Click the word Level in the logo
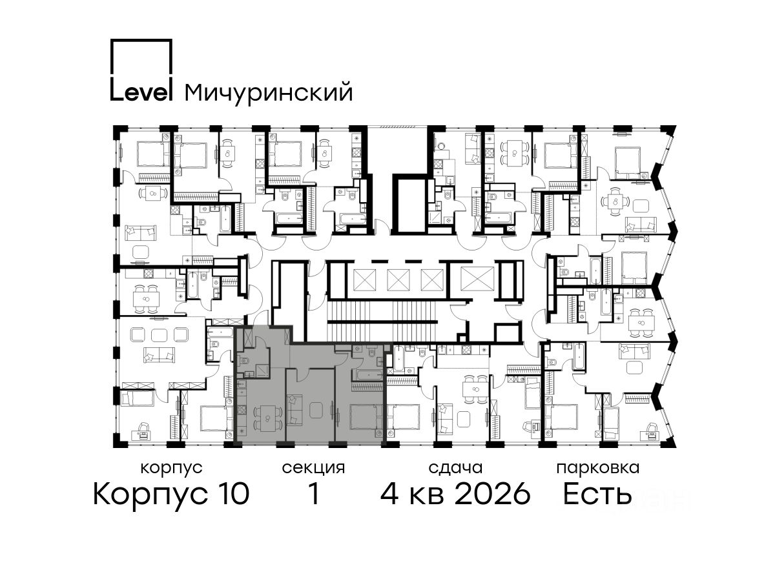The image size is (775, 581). pyautogui.click(x=141, y=91)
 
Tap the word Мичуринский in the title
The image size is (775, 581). pyautogui.click(x=269, y=93)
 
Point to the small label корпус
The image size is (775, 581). pyautogui.click(x=172, y=469)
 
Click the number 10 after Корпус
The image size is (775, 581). pyautogui.click(x=232, y=494)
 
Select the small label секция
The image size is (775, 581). pyautogui.click(x=313, y=469)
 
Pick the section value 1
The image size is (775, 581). pyautogui.click(x=314, y=494)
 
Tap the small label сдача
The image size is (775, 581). pyautogui.click(x=455, y=469)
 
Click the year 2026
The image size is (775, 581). pyautogui.click(x=493, y=494)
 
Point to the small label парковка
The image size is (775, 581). pyautogui.click(x=598, y=469)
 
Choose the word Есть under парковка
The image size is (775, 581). pyautogui.click(x=597, y=494)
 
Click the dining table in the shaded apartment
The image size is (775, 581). pyautogui.click(x=267, y=419)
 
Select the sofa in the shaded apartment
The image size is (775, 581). pyautogui.click(x=294, y=410)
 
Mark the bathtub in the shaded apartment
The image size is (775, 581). pyautogui.click(x=367, y=374)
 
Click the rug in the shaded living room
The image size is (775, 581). pyautogui.click(x=316, y=410)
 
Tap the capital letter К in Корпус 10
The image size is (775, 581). pyautogui.click(x=103, y=494)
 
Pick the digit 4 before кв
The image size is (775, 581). pyautogui.click(x=389, y=494)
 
